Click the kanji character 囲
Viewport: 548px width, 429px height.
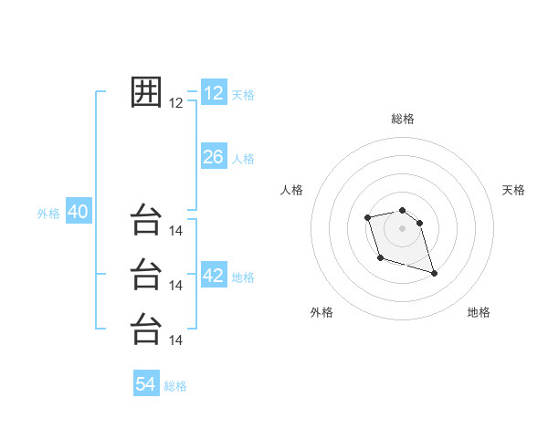click(146, 92)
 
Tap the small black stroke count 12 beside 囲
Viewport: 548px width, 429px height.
click(176, 103)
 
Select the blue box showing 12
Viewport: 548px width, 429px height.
click(214, 93)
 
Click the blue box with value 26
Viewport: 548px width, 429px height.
click(214, 157)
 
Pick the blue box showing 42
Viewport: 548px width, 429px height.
click(214, 276)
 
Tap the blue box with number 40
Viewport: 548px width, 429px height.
click(78, 212)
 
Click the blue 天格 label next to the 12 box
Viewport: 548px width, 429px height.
click(243, 95)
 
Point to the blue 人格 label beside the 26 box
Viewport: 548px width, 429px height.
click(243, 159)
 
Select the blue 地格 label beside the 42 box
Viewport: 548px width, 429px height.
click(243, 277)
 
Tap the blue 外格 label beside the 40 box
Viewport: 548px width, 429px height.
click(48, 214)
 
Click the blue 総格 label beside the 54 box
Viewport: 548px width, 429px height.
click(175, 386)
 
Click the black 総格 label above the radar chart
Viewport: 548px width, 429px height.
click(403, 119)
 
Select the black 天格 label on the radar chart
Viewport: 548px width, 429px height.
click(514, 190)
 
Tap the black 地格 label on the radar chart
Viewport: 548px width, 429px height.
click(479, 312)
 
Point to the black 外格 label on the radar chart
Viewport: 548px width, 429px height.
click(321, 312)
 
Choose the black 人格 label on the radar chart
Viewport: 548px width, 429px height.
click(291, 190)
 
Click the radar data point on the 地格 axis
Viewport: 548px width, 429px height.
click(434, 273)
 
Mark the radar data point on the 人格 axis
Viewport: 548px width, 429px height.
click(367, 217)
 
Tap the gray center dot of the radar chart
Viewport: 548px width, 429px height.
click(403, 228)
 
